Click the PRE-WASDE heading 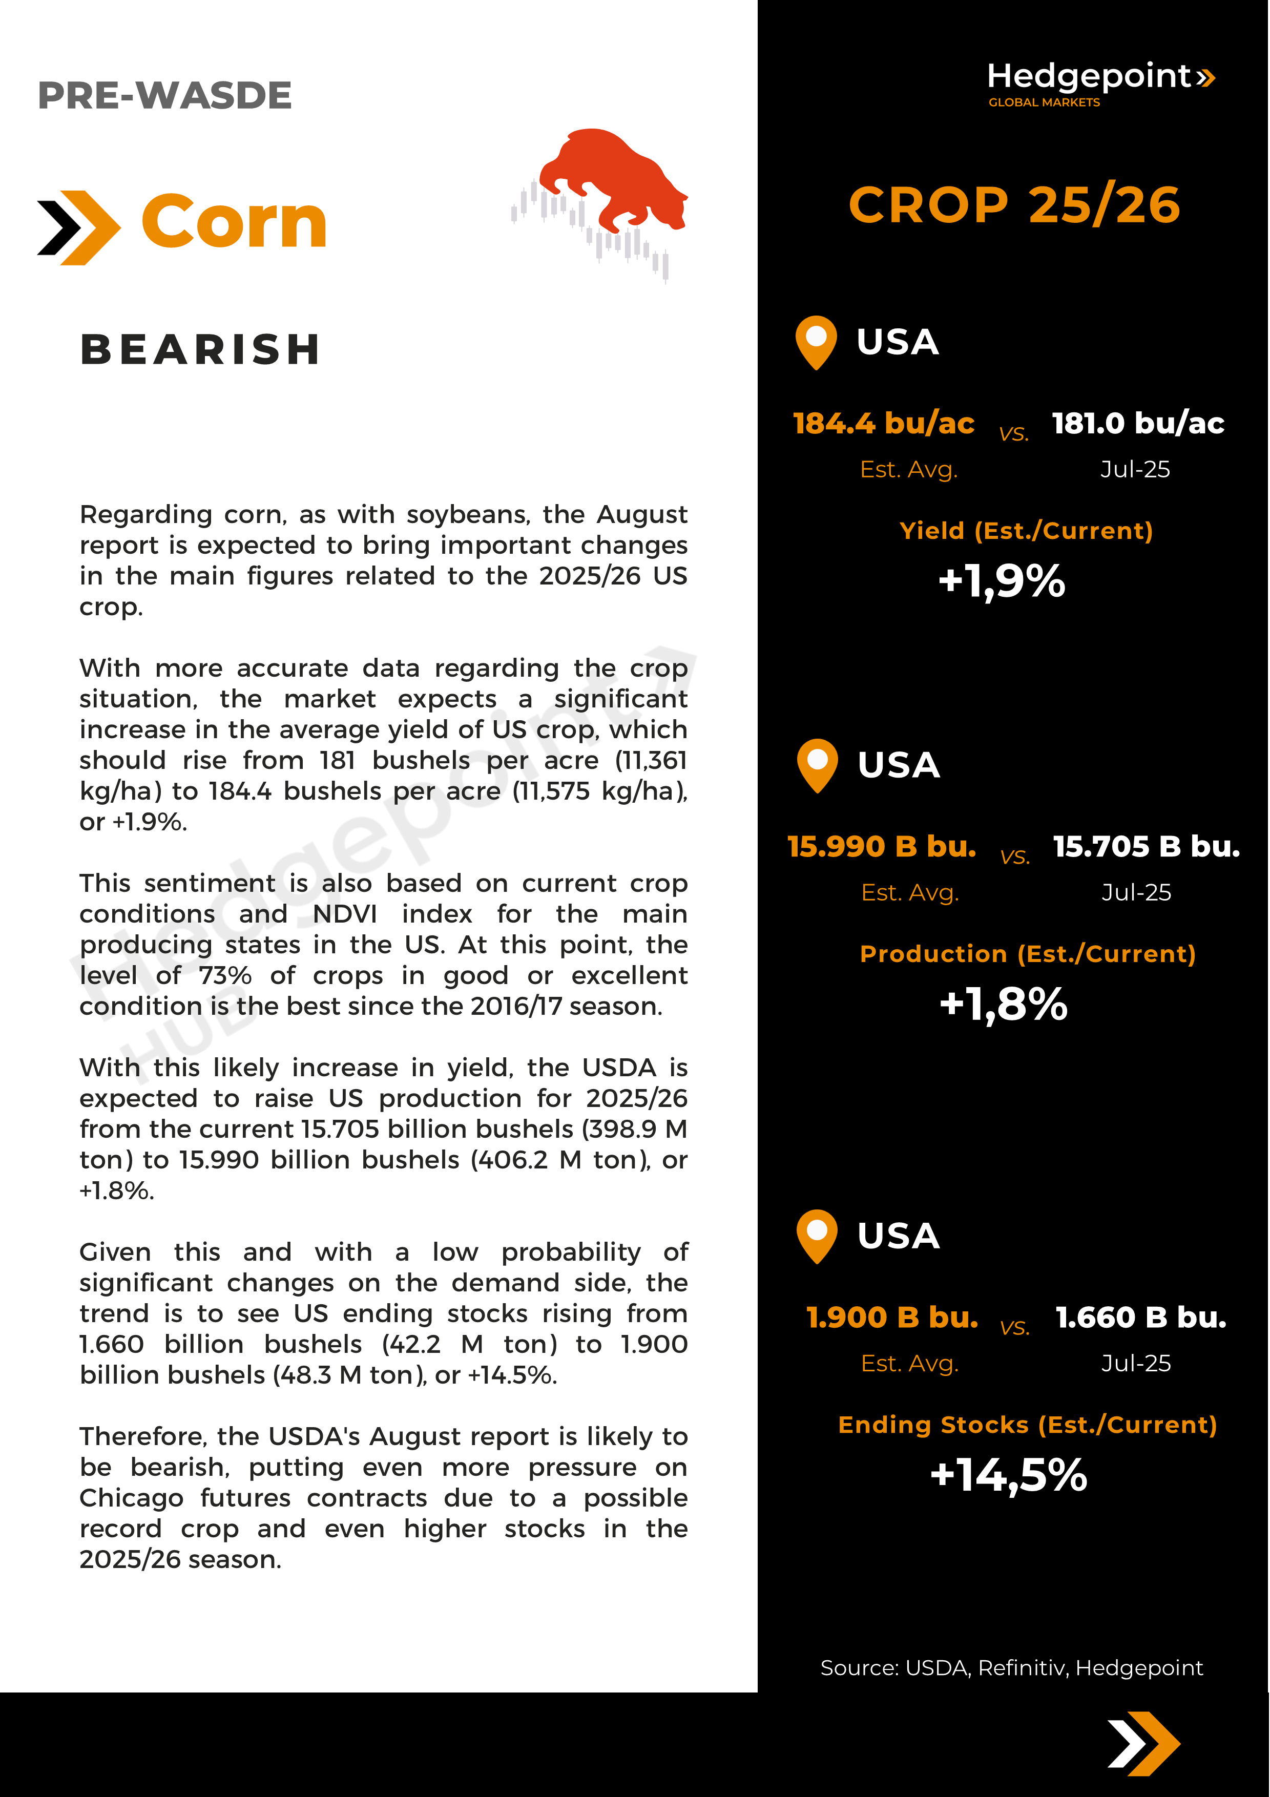(x=164, y=95)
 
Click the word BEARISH (x=200, y=349)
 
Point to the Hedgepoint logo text (x=1089, y=77)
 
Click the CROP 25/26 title (x=1014, y=205)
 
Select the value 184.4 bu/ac (x=883, y=424)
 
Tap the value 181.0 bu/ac (x=1138, y=424)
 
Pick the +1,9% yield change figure (x=1002, y=581)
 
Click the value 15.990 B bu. (x=882, y=847)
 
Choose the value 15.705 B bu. (x=1147, y=847)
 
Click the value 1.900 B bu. (x=892, y=1318)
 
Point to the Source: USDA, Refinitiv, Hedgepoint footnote (x=1011, y=1668)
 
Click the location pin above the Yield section (x=816, y=341)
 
